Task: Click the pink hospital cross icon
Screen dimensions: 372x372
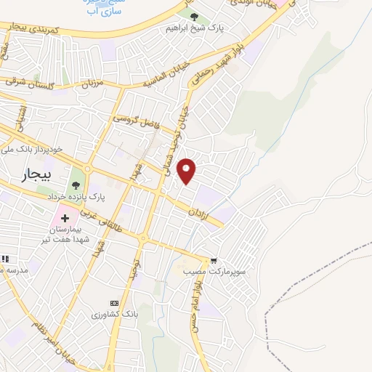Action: (63, 217)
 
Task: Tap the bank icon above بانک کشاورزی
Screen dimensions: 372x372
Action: (113, 302)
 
